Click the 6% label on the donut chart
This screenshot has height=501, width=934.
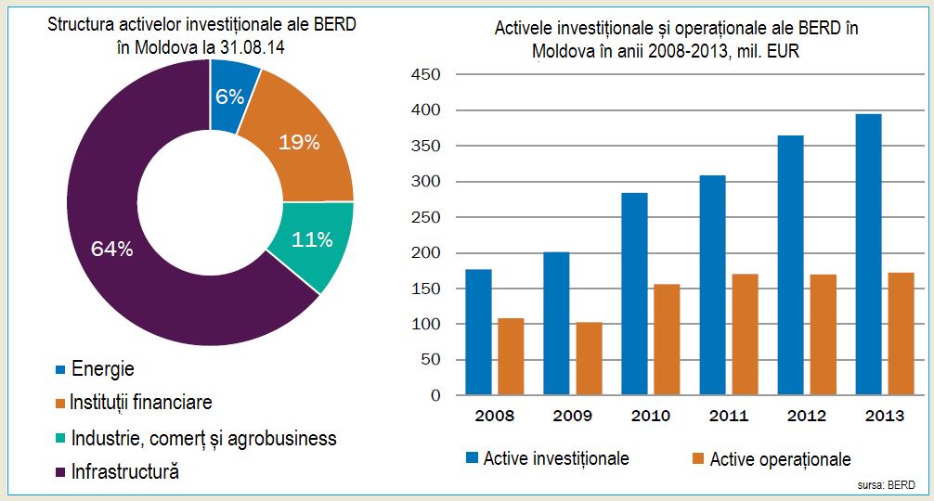pos(228,96)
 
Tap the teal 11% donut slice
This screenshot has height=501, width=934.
pos(311,240)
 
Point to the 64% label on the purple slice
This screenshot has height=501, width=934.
pos(112,249)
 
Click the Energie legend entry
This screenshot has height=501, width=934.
pos(102,369)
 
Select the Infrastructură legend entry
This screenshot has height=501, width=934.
pos(124,471)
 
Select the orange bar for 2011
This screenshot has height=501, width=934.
pos(746,334)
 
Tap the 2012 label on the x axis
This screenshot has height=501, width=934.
pos(808,416)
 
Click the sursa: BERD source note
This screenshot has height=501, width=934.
pos(888,485)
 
